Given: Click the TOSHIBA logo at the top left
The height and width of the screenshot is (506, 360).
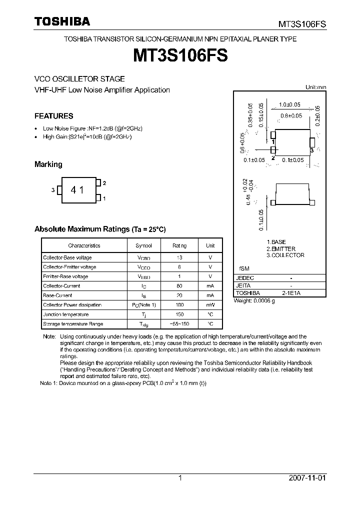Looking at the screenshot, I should coord(62,21).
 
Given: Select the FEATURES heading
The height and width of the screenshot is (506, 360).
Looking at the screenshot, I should coord(53,116).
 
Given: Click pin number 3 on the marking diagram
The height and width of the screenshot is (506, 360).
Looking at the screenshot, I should coord(52,190).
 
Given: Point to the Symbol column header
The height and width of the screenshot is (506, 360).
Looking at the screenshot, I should coord(143,245).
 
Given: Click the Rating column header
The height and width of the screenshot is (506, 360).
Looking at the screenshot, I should coord(179,245).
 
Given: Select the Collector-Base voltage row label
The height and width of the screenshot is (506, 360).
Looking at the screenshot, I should coord(67,257).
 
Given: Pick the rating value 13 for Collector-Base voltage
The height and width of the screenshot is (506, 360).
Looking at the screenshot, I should coord(179,257).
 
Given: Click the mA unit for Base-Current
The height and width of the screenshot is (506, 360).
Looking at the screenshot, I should coord(210,295).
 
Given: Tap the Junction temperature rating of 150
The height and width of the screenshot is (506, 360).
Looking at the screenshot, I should coord(179,314).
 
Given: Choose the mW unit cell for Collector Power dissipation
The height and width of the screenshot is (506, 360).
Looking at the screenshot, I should coord(210,305).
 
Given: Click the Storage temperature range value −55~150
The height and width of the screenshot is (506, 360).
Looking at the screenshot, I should coord(179,324).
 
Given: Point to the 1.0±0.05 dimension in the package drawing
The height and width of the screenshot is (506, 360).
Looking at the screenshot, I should coord(289,104).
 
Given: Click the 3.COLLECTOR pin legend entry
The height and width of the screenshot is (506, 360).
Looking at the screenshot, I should coord(285,255).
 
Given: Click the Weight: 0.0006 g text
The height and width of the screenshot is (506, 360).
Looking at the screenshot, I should coord(257,300).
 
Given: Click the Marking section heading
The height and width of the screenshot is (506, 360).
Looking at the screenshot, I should coord(48,164).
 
